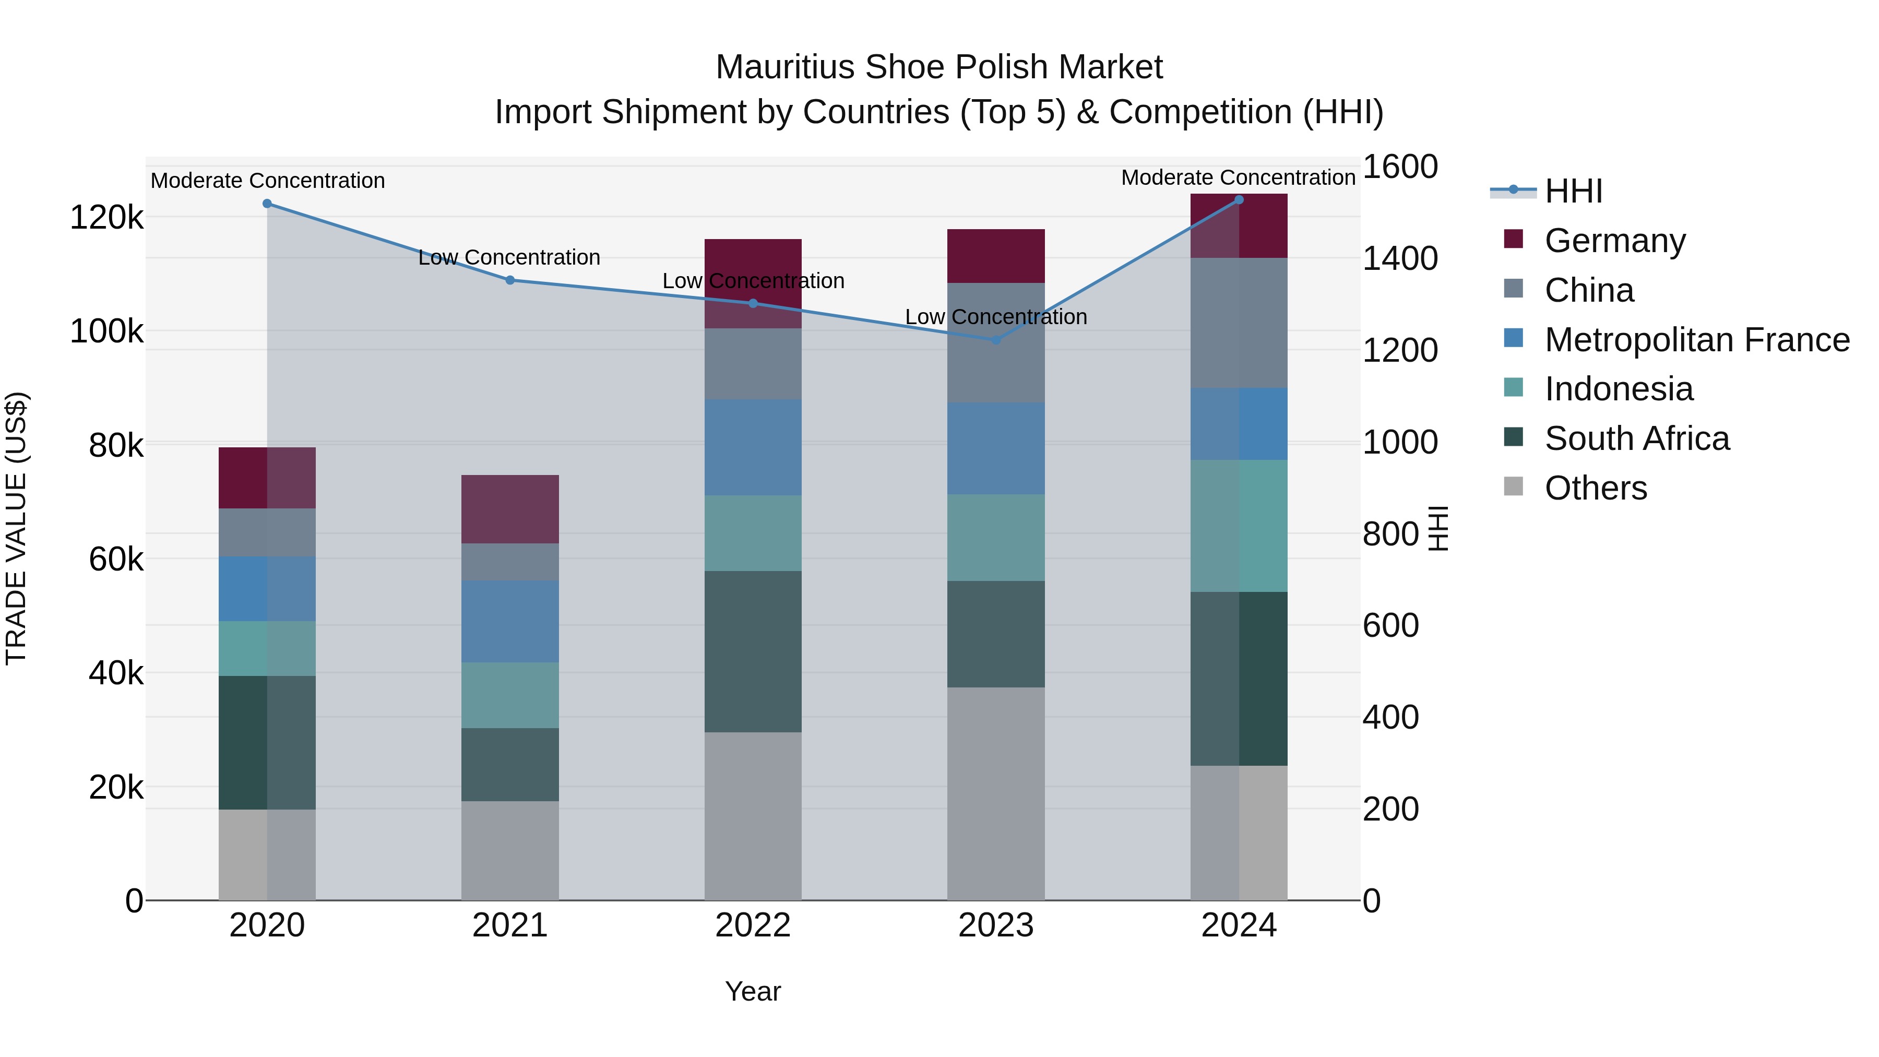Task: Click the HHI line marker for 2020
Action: point(267,204)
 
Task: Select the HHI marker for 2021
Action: point(510,280)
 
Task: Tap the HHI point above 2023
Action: point(996,340)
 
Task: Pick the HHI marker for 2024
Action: point(1239,199)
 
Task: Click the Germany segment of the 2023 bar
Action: point(996,256)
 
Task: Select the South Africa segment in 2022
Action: point(753,651)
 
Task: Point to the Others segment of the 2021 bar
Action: point(510,851)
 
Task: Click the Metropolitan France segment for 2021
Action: point(510,622)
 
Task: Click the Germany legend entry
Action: point(1614,241)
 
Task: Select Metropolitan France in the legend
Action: point(1697,340)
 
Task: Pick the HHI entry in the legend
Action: point(1573,191)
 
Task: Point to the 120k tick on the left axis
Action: point(106,217)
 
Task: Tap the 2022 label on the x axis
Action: point(753,925)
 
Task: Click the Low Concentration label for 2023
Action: point(996,317)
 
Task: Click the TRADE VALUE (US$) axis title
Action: point(16,528)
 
